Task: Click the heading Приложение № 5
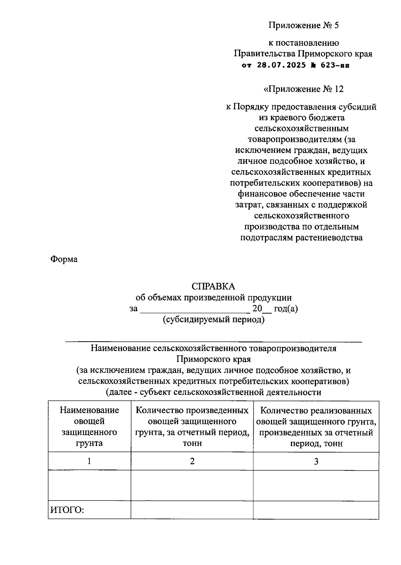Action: (x=303, y=25)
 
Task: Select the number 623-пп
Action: (x=335, y=65)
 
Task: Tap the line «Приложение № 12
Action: (x=303, y=89)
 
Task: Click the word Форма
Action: (x=64, y=259)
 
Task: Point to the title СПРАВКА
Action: (x=213, y=287)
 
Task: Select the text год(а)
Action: (x=286, y=309)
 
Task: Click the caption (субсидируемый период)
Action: (x=214, y=320)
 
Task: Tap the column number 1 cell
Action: (x=89, y=461)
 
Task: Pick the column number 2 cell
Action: (x=192, y=461)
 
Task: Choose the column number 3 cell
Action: (x=316, y=461)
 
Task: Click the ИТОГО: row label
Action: (x=67, y=510)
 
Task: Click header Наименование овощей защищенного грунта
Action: (x=89, y=427)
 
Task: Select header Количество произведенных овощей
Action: (x=192, y=427)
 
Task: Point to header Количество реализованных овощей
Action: (x=316, y=427)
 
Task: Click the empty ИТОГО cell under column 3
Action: (x=316, y=510)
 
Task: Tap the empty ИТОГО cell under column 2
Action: (x=192, y=510)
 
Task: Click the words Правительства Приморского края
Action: (x=303, y=53)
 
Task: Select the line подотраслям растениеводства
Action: (x=301, y=238)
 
